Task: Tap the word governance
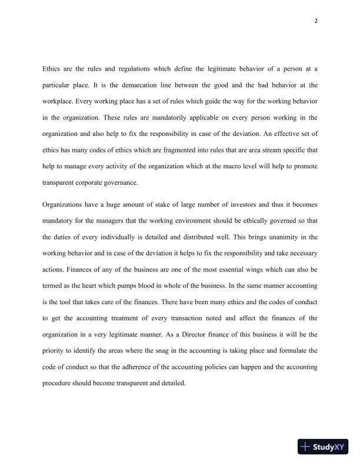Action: coord(119,182)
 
